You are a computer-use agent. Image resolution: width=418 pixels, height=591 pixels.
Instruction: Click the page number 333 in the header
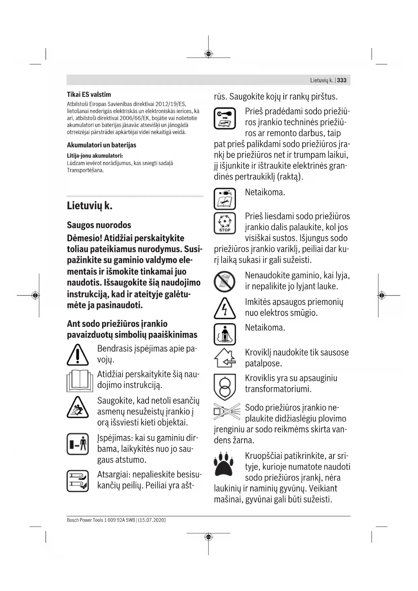pyautogui.click(x=342, y=80)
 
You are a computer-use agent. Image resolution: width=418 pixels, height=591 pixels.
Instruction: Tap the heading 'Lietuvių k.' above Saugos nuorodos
pyautogui.click(x=90, y=206)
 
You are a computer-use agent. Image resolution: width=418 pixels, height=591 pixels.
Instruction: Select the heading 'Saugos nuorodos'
pyautogui.click(x=99, y=225)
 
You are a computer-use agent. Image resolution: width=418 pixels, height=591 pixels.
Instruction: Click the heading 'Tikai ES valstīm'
pyautogui.click(x=89, y=95)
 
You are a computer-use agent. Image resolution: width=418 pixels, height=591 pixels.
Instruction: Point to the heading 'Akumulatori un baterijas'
pyautogui.click(x=101, y=145)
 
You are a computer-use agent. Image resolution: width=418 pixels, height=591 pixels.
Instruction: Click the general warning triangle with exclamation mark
pyautogui.click(x=78, y=355)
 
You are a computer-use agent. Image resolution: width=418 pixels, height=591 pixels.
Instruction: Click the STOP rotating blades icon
pyautogui.click(x=225, y=223)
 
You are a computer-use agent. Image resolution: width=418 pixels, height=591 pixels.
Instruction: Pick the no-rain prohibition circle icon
pyautogui.click(x=225, y=282)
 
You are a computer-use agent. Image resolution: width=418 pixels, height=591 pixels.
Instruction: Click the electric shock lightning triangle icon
pyautogui.click(x=225, y=308)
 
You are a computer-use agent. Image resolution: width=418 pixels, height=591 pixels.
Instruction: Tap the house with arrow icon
pyautogui.click(x=225, y=358)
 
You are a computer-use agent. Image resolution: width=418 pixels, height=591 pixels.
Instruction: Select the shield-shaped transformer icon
pyautogui.click(x=225, y=386)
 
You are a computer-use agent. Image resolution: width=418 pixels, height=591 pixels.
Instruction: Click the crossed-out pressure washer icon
pyautogui.click(x=227, y=412)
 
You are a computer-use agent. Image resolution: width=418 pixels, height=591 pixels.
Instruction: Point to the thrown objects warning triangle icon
pyautogui.click(x=78, y=407)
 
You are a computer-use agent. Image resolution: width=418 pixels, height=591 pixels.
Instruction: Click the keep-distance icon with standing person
pyautogui.click(x=78, y=444)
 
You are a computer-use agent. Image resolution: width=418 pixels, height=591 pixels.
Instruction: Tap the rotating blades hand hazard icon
pyautogui.click(x=78, y=481)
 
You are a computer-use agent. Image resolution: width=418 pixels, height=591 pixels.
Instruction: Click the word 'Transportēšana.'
pyautogui.click(x=85, y=170)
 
